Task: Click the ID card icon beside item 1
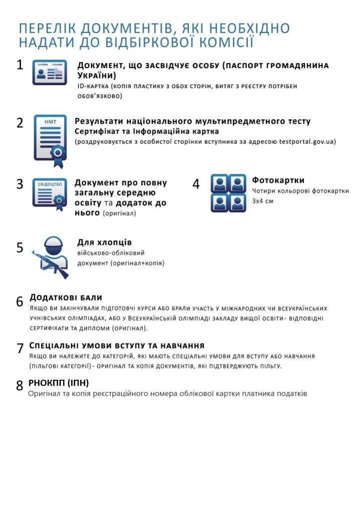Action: [50, 72]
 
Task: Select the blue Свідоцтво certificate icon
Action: [49, 193]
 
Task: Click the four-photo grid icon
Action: [228, 193]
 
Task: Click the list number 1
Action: [20, 65]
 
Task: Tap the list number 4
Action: [196, 184]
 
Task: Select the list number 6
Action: [20, 302]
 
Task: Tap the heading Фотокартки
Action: [278, 180]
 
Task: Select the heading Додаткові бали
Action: [66, 298]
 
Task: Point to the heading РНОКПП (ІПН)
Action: [59, 383]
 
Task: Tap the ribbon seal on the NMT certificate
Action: [59, 152]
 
